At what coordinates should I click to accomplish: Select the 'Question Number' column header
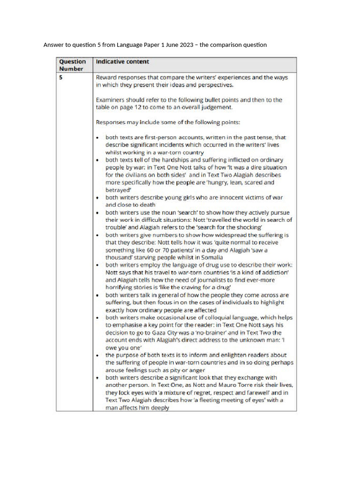[x=73, y=65]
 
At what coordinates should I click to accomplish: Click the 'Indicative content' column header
[x=122, y=61]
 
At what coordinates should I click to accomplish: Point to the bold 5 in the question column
[x=60, y=78]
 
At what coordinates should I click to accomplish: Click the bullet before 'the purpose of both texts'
[x=97, y=355]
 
